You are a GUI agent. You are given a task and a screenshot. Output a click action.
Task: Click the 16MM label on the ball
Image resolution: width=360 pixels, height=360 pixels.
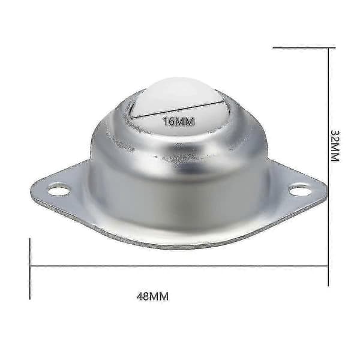pyautogui.click(x=178, y=121)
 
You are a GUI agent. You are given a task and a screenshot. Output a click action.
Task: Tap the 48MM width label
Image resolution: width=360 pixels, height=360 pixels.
pyautogui.click(x=152, y=296)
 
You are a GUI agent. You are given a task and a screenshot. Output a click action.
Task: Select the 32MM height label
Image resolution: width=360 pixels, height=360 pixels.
pyautogui.click(x=335, y=146)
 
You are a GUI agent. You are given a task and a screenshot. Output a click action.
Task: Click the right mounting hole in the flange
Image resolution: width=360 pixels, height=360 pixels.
pyautogui.click(x=300, y=190)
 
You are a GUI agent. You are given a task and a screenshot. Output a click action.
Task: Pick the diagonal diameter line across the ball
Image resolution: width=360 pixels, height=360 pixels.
pyautogui.click(x=178, y=109)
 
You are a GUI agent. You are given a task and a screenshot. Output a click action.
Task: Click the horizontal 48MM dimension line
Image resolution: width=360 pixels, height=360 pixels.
pyautogui.click(x=179, y=266)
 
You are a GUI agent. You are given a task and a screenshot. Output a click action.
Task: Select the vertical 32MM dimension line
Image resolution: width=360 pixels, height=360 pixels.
pyautogui.click(x=328, y=167)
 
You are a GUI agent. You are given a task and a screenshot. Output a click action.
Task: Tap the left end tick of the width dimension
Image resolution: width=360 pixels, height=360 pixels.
pyautogui.click(x=30, y=269)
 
